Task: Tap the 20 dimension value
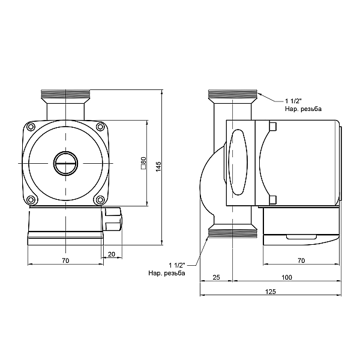[x=112, y=254]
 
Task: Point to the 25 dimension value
[x=217, y=277]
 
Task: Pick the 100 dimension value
[x=286, y=277]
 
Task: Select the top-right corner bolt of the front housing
[x=99, y=127]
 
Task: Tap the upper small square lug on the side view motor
[x=272, y=127]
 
